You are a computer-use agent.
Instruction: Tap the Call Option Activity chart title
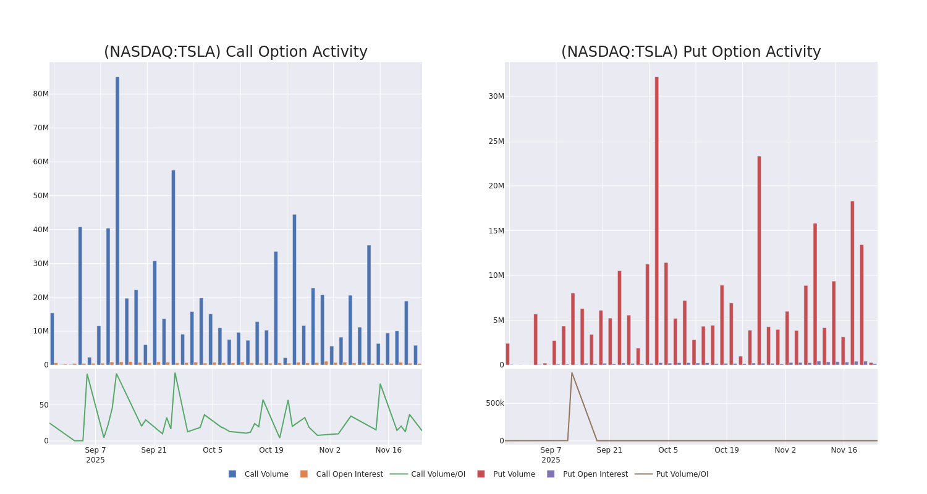point(235,52)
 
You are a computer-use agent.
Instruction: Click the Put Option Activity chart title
point(691,52)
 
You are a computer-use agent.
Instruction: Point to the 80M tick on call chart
point(41,94)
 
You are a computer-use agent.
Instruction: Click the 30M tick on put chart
point(496,96)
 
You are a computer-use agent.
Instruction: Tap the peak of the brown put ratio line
point(572,373)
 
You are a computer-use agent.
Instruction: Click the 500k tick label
point(495,403)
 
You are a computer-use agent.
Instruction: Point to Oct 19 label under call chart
point(271,450)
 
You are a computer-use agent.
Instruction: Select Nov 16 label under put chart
point(844,450)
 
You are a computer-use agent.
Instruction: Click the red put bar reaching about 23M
point(760,259)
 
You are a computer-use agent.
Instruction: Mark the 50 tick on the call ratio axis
point(44,405)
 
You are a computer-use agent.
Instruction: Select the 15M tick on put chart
point(496,231)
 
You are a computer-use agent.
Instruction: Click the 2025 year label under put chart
point(551,460)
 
